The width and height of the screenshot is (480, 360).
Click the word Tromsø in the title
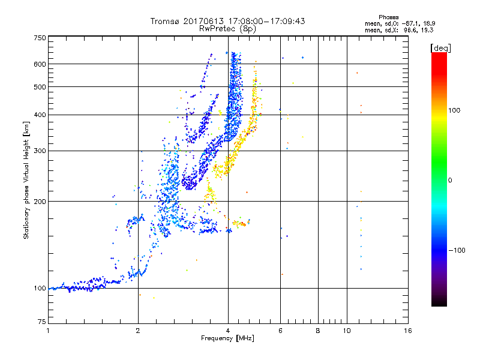(x=165, y=21)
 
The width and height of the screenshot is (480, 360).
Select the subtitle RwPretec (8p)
(x=228, y=28)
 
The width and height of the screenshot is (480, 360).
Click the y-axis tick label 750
(x=40, y=38)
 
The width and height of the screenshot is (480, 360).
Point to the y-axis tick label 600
(x=40, y=64)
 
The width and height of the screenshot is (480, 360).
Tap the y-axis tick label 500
(x=40, y=87)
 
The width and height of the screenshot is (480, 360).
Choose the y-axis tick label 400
(x=40, y=115)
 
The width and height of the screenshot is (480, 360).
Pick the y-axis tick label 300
(x=40, y=151)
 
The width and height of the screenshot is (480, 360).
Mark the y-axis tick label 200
(x=40, y=202)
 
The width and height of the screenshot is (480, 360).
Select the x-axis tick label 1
(x=48, y=331)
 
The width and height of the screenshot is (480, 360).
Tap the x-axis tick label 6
(x=280, y=331)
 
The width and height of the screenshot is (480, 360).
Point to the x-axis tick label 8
(x=317, y=331)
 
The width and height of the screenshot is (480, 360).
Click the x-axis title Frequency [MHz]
(x=227, y=339)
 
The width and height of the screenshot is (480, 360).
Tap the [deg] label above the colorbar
(x=441, y=47)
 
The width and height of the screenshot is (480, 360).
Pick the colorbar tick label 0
(x=449, y=180)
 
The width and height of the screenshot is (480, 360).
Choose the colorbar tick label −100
(x=457, y=250)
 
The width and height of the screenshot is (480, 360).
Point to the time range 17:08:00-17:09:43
(x=264, y=21)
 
